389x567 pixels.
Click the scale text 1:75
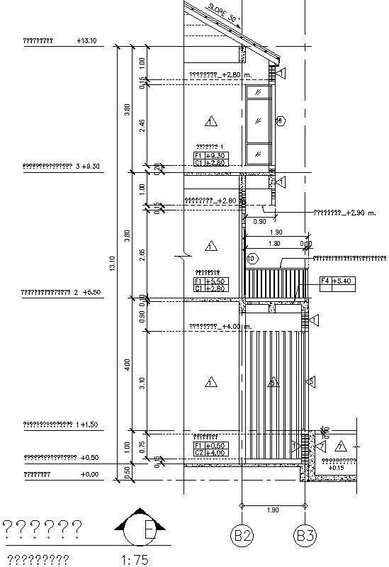pos(135,560)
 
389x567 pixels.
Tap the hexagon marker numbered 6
pos(280,121)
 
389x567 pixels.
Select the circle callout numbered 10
pos(251,259)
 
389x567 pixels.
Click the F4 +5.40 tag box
pos(337,281)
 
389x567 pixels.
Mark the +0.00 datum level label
pos(89,474)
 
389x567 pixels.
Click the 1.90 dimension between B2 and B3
pos(274,510)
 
